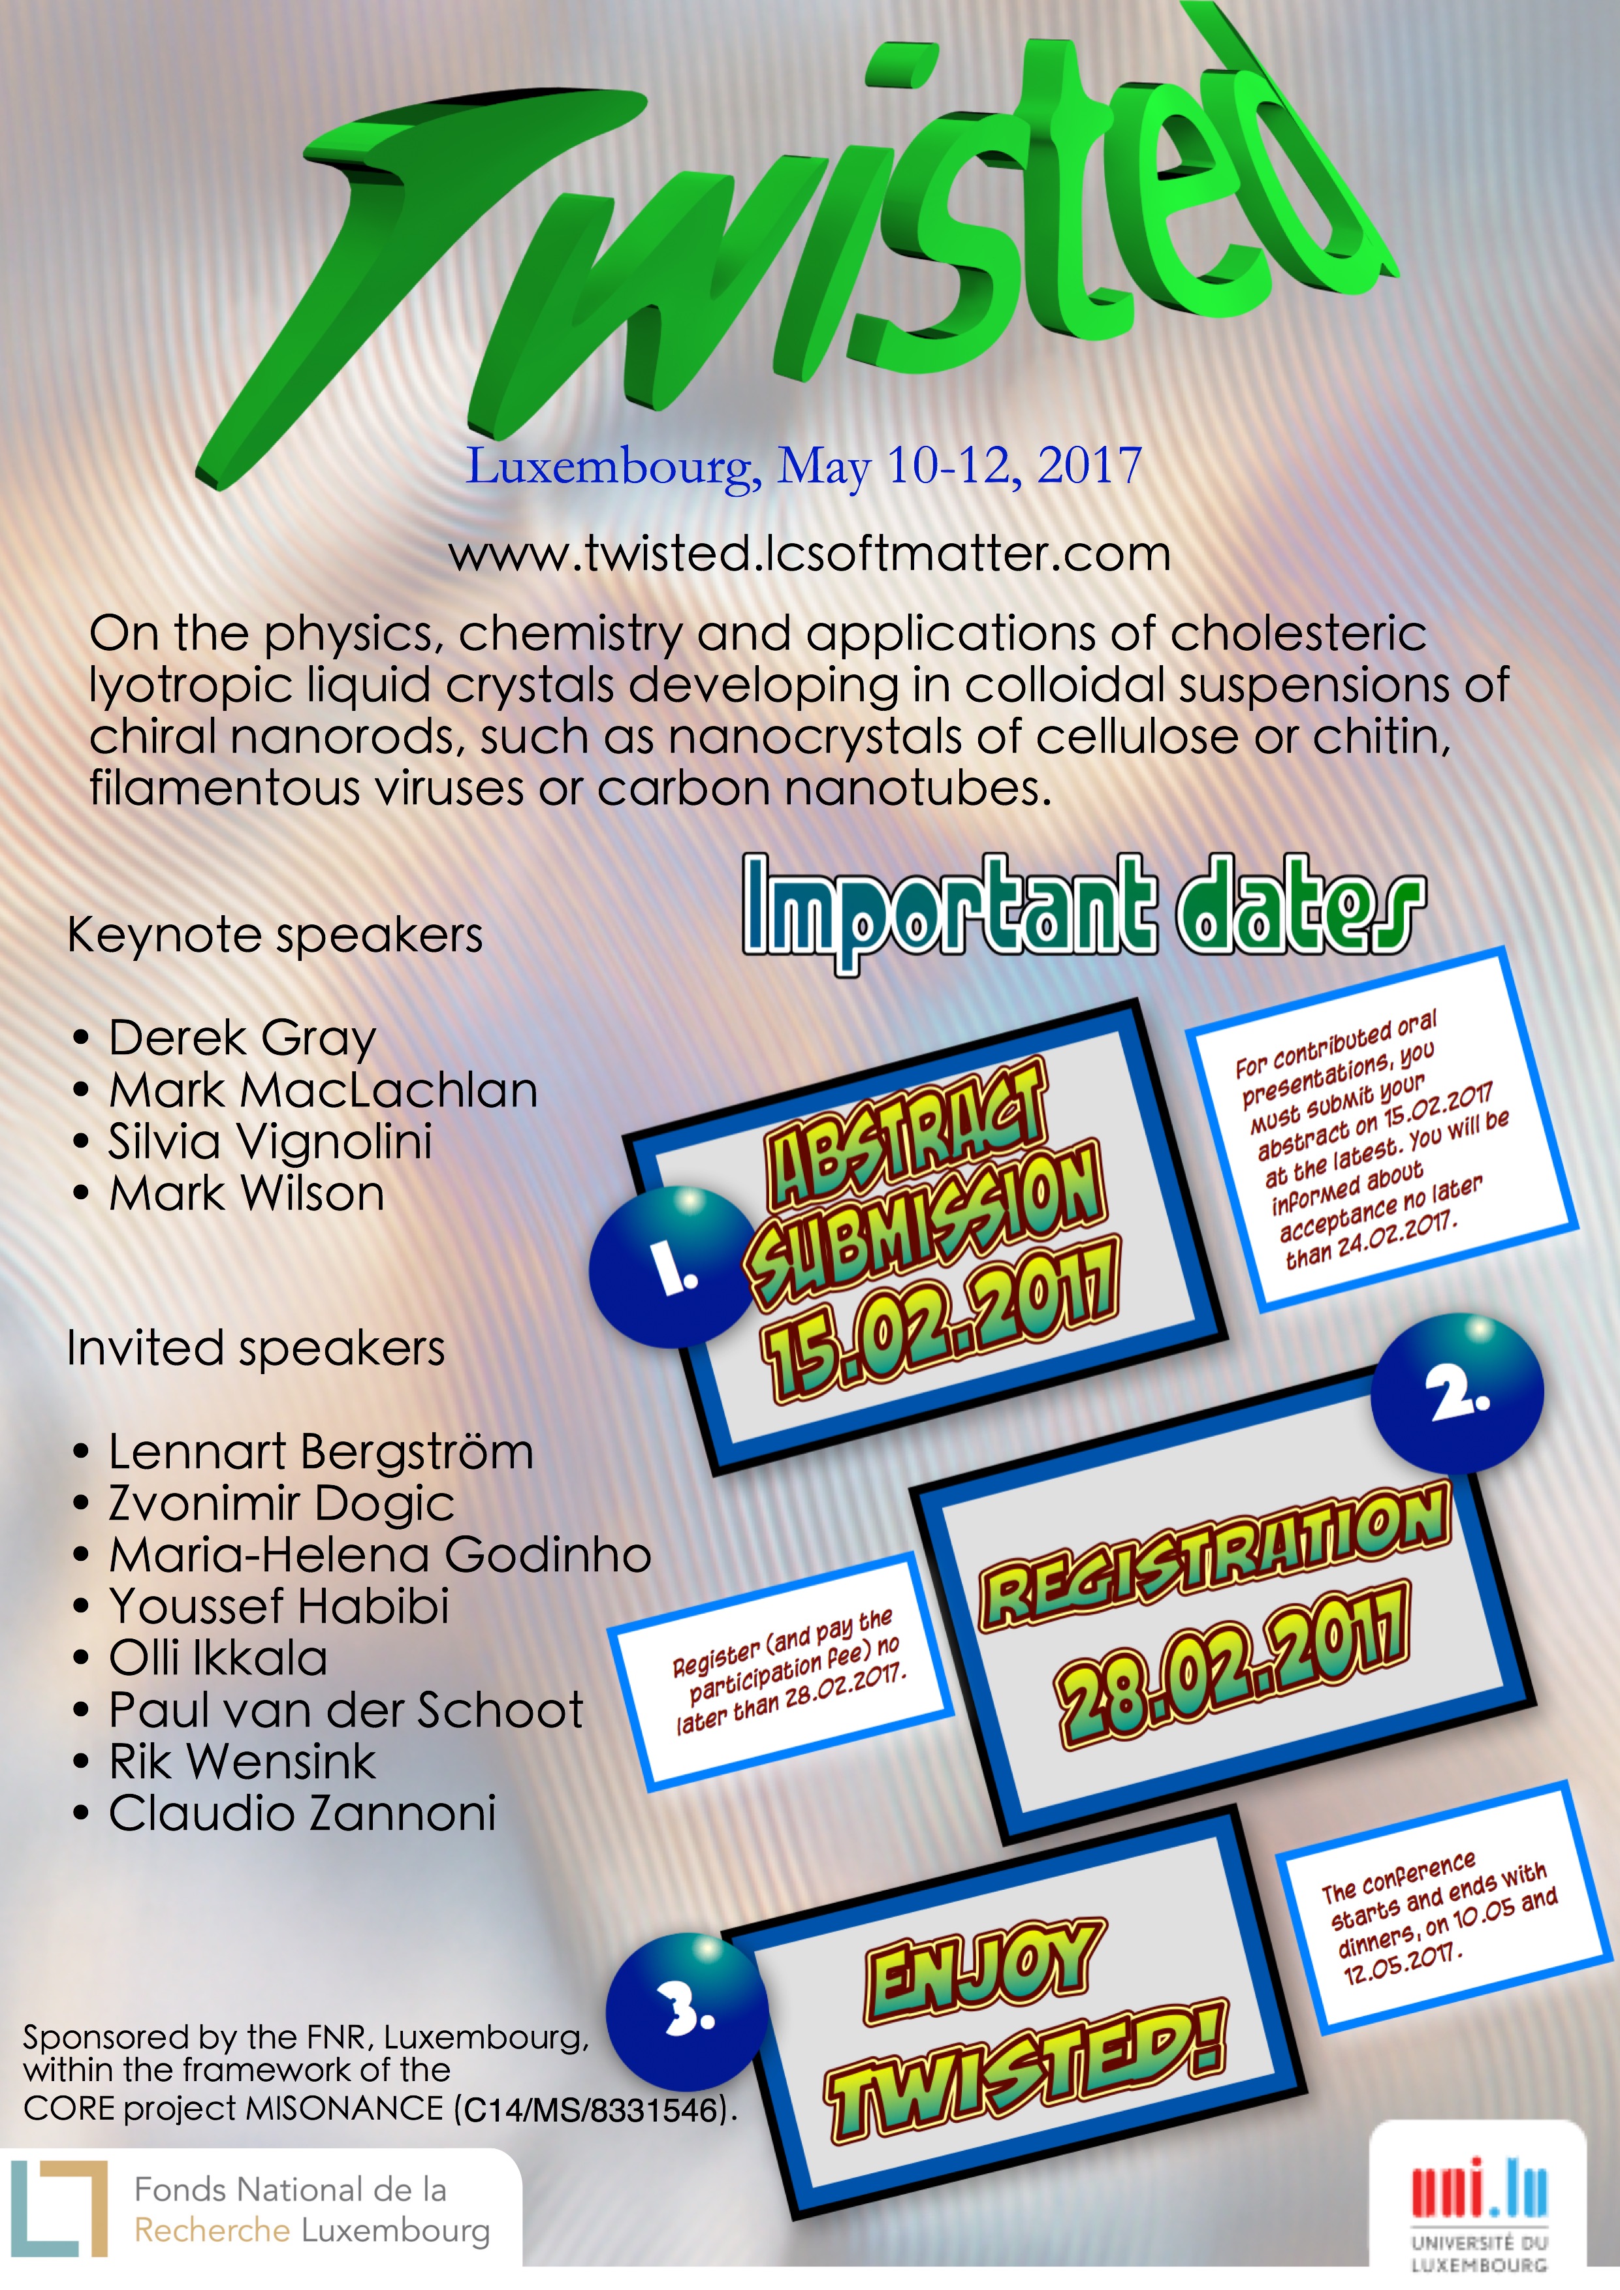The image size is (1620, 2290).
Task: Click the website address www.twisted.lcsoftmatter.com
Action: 809,554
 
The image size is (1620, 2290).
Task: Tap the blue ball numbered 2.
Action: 1457,1392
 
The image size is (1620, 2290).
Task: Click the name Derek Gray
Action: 242,1039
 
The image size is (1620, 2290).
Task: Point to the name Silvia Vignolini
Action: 270,1142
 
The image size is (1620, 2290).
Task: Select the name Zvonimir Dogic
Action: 281,1504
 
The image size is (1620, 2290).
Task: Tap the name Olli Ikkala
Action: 219,1657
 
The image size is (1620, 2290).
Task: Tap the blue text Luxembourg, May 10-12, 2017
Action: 804,466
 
